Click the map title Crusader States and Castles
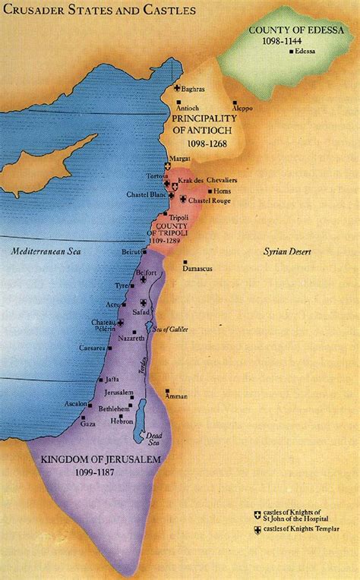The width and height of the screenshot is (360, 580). [99, 10]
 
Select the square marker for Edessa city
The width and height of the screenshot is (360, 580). [291, 52]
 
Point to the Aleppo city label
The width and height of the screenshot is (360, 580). [243, 108]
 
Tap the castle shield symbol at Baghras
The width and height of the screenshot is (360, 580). [176, 88]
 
